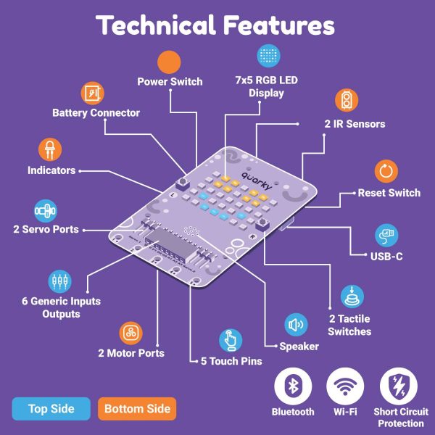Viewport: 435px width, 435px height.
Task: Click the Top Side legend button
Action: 51,409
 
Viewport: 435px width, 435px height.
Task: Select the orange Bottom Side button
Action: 137,409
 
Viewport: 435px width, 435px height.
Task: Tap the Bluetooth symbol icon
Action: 293,386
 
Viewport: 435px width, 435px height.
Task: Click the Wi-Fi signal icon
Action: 345,386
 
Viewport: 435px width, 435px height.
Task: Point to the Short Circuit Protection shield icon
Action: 399,386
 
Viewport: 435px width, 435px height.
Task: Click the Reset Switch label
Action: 389,193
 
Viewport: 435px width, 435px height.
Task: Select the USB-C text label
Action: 386,257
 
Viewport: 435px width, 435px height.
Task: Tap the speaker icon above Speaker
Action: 296,325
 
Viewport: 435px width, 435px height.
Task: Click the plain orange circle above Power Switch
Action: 169,62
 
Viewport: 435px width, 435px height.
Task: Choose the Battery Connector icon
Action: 92,94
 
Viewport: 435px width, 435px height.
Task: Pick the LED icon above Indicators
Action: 50,149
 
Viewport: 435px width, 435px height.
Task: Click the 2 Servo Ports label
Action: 46,229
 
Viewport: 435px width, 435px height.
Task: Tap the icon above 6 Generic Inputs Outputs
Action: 59,281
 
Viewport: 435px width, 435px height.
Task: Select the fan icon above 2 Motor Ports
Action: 130,333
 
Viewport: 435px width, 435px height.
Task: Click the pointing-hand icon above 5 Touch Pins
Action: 231,341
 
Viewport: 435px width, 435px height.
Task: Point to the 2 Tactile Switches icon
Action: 352,297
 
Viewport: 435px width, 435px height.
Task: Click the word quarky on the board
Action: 257,181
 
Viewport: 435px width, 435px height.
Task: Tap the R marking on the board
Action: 252,236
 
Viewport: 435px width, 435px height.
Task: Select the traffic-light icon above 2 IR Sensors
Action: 347,101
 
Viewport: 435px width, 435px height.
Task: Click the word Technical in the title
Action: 156,25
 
